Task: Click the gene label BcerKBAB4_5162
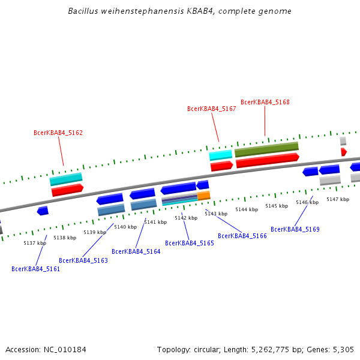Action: click(58, 133)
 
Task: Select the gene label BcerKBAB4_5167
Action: click(211, 109)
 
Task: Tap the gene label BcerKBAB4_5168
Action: click(265, 102)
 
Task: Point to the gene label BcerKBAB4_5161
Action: click(35, 269)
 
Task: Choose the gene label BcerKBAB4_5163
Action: click(83, 260)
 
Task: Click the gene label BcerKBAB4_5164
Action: click(136, 251)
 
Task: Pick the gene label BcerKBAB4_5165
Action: click(189, 243)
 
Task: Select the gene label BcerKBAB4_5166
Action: click(242, 236)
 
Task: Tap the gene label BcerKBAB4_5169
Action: click(295, 229)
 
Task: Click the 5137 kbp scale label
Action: click(35, 243)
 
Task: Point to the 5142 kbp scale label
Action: click(186, 218)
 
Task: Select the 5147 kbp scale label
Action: click(338, 199)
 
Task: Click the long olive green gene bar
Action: click(266, 149)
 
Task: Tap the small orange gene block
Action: click(204, 196)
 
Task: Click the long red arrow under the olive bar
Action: click(267, 160)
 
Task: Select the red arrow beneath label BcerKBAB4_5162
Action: click(67, 190)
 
